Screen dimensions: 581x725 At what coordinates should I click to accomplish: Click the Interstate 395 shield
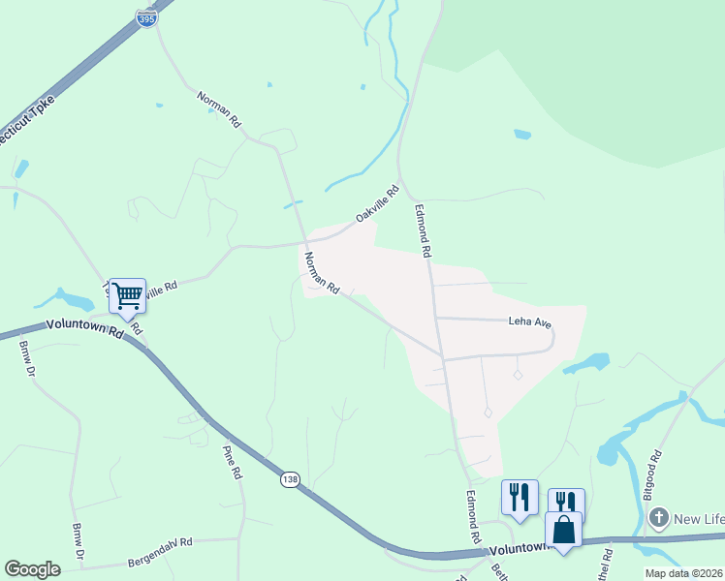(x=146, y=18)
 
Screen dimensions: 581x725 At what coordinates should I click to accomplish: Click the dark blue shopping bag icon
(x=563, y=530)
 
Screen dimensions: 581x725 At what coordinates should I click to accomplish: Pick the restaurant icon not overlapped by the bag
(x=520, y=498)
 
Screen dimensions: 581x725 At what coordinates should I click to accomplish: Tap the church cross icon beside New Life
(x=658, y=519)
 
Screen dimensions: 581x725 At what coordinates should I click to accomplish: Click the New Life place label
(x=699, y=520)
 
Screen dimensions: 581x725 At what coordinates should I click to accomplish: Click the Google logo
(x=32, y=569)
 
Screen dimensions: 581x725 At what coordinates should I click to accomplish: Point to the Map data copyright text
(x=684, y=573)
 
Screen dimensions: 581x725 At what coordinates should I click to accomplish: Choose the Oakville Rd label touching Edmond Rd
(x=377, y=203)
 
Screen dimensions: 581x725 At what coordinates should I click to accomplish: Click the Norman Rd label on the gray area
(x=321, y=273)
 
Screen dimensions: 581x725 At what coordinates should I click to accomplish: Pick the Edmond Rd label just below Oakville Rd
(x=423, y=229)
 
